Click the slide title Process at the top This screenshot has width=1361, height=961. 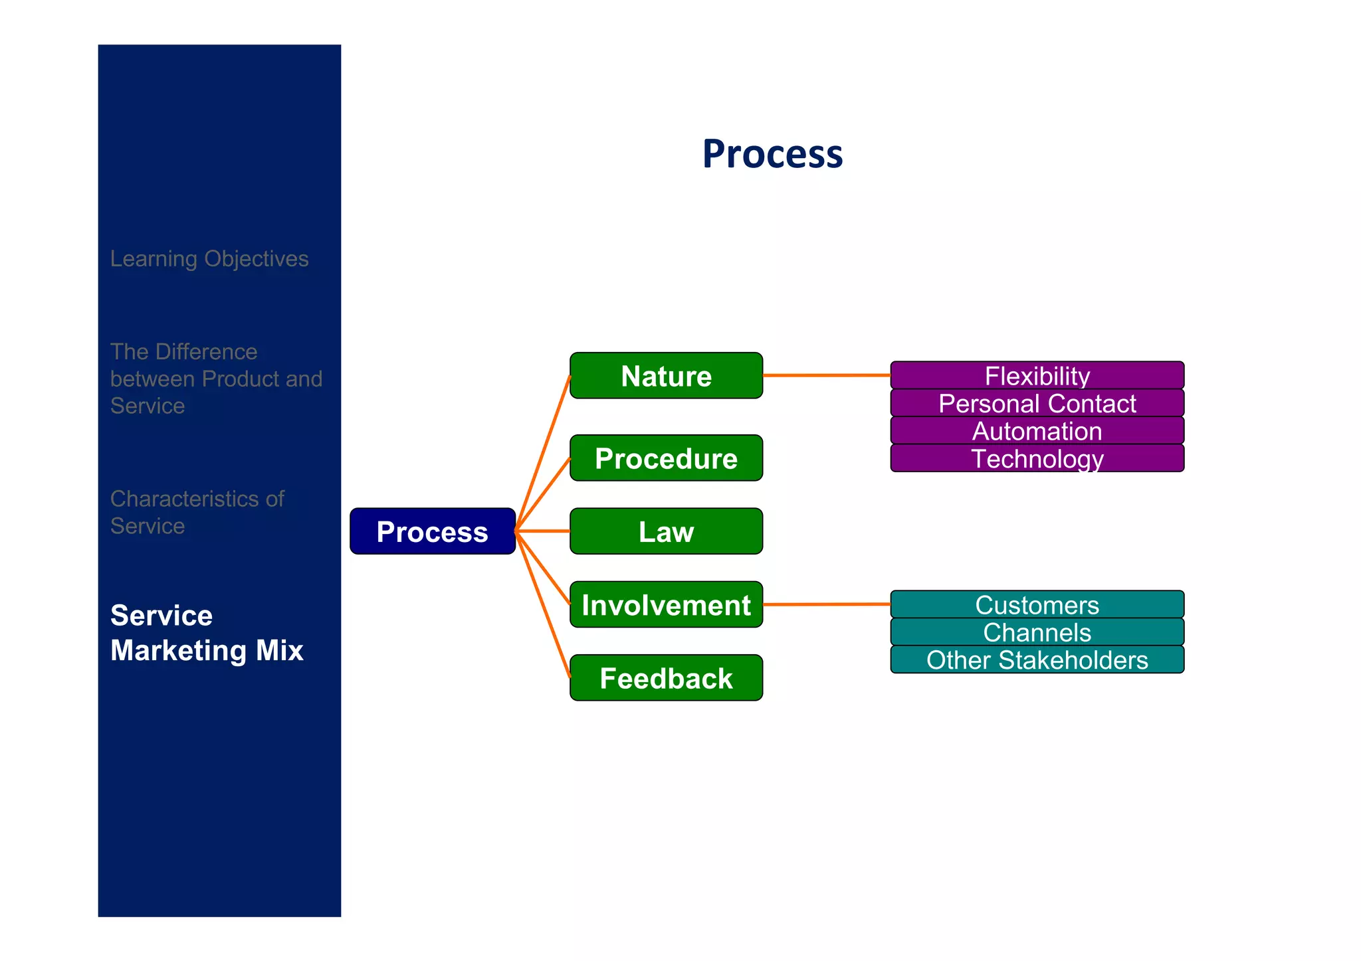point(772,154)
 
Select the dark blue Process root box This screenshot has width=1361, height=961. point(433,531)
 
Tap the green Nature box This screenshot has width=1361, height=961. point(666,376)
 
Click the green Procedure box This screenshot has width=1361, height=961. point(666,458)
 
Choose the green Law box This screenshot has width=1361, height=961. point(666,531)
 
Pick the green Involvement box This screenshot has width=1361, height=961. point(666,605)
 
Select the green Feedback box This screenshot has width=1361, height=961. point(666,678)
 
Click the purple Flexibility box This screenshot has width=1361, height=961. point(1037,376)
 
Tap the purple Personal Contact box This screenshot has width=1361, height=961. point(1037,404)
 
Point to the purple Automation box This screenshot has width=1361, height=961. point(1037,431)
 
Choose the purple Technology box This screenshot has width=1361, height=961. point(1037,459)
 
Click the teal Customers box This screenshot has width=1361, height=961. point(1037,605)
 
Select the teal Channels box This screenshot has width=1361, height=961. point(1037,632)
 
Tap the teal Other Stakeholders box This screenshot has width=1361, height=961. point(1037,660)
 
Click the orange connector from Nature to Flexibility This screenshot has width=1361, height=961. point(826,375)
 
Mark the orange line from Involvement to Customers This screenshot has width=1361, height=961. point(826,604)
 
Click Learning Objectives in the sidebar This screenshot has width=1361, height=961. point(209,258)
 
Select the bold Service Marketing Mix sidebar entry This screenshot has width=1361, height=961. point(207,633)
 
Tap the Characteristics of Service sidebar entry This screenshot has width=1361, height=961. point(197,512)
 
